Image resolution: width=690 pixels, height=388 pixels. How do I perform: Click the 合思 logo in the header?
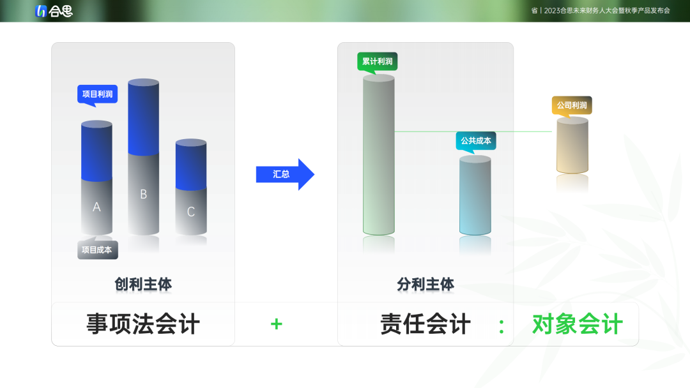pos(54,11)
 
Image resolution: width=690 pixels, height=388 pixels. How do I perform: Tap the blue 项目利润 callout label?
pos(97,94)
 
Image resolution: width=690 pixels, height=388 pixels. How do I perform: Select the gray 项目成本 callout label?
pos(98,249)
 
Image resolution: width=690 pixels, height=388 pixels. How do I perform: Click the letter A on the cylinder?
pos(97,207)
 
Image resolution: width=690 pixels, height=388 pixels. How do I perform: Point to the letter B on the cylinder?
pos(144,194)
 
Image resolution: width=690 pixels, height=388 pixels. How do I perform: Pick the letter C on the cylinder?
pos(191,212)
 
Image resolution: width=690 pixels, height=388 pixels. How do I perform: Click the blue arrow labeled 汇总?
pos(285,174)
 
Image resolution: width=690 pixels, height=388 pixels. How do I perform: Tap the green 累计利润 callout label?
pos(377,61)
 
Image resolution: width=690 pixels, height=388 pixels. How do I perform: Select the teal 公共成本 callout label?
pos(476,140)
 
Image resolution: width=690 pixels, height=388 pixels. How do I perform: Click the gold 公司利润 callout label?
pos(572,105)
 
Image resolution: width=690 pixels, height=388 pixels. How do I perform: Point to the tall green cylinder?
pos(378,154)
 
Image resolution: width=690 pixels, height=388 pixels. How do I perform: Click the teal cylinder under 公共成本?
pos(475,195)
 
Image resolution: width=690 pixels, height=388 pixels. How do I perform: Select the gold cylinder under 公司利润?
pos(572,145)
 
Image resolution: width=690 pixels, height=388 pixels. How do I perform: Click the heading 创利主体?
pos(143,284)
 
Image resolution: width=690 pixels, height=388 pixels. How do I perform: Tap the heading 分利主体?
pos(425,284)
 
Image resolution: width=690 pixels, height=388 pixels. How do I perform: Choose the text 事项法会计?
pos(143,324)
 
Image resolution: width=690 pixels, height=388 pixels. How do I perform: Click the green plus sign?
pos(277,324)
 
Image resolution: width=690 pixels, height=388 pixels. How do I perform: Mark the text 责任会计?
pos(425,324)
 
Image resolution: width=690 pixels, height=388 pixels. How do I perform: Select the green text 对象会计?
pos(578,324)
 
